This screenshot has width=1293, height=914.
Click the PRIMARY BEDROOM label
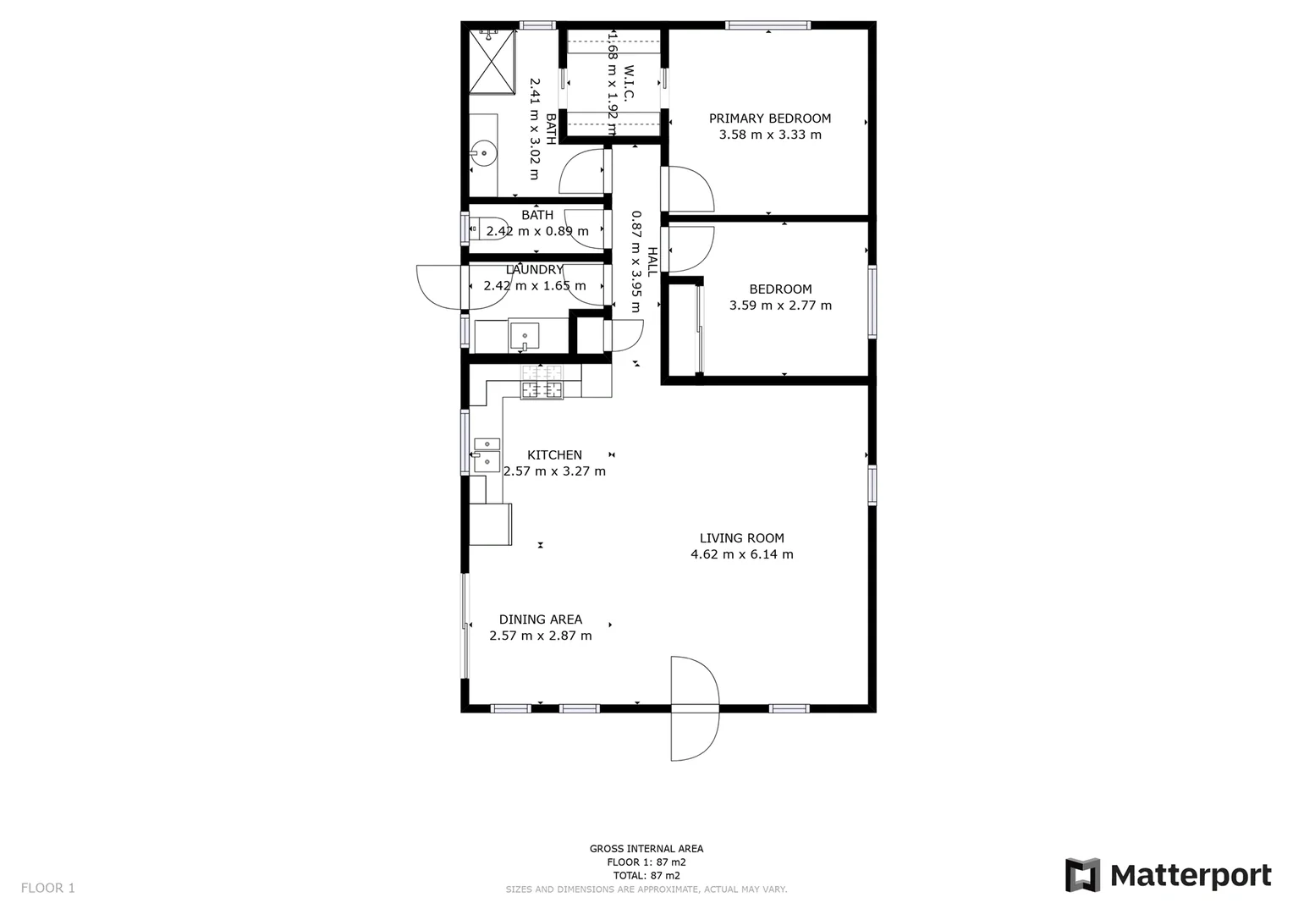click(769, 118)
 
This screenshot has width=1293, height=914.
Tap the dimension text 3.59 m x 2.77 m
click(780, 306)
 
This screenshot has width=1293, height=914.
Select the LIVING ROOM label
click(741, 538)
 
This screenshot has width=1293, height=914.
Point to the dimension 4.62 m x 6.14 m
click(741, 555)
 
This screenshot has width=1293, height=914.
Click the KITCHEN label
click(554, 455)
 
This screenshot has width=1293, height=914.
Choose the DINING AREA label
click(540, 619)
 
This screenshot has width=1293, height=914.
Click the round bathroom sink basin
click(483, 154)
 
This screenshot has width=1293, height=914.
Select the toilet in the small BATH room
click(484, 228)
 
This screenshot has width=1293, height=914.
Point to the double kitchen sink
click(487, 454)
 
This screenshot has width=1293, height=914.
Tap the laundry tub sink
click(524, 336)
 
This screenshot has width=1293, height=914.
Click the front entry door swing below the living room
click(694, 708)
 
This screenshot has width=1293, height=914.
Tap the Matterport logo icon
click(1082, 875)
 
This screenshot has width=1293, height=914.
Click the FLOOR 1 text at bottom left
click(48, 888)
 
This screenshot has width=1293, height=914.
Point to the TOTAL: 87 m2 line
click(646, 876)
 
